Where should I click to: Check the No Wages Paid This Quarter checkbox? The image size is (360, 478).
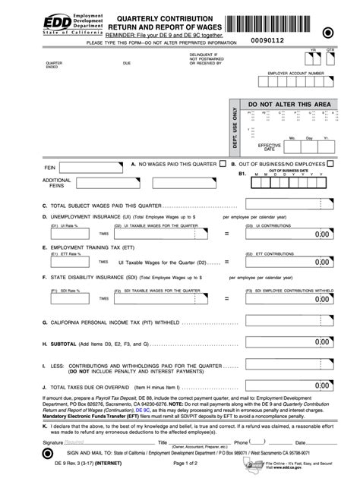pos(223,163)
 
